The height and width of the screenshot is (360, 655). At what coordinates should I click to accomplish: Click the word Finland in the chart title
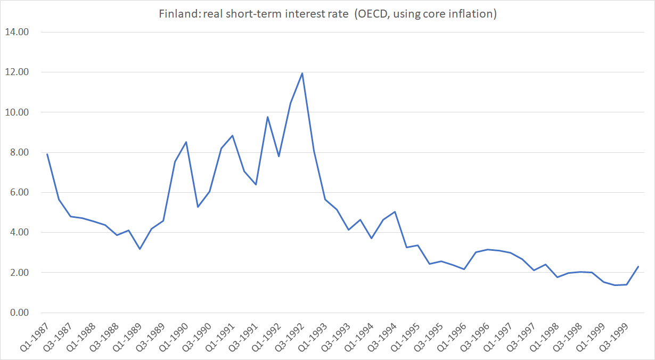(x=175, y=14)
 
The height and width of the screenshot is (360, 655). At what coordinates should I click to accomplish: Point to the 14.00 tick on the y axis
(x=17, y=32)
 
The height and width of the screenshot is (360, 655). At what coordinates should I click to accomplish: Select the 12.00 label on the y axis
(x=17, y=72)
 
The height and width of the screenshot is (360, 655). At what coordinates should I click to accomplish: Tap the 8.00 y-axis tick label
(x=19, y=152)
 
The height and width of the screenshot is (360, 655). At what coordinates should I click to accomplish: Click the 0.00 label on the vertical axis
(x=19, y=313)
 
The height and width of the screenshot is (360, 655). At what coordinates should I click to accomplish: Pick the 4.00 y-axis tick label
(x=19, y=232)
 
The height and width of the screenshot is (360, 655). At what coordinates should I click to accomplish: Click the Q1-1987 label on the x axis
(x=37, y=338)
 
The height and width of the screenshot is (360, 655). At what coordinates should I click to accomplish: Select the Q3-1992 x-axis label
(x=293, y=338)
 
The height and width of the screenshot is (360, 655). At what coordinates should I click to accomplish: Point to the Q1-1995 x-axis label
(x=409, y=338)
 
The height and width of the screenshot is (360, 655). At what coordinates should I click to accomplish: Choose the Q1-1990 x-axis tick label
(x=177, y=338)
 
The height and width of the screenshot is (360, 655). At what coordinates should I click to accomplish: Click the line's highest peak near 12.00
(x=302, y=73)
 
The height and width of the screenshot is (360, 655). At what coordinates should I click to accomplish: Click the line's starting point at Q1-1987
(x=47, y=154)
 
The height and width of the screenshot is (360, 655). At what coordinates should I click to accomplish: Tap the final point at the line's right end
(x=638, y=266)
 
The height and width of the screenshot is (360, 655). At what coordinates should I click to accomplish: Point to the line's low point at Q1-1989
(x=140, y=249)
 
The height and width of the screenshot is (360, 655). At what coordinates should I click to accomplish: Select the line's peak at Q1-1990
(x=186, y=142)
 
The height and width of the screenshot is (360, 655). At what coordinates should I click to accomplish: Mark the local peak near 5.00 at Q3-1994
(x=395, y=211)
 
